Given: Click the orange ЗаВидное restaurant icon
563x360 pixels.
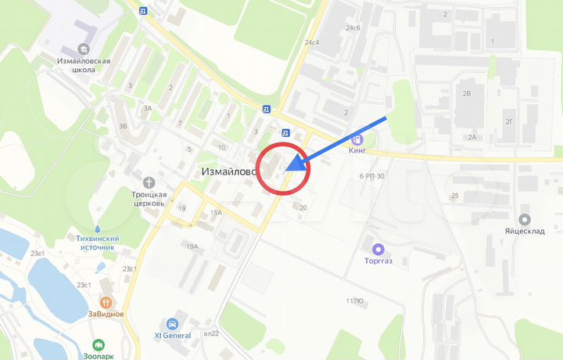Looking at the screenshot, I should point(106,301).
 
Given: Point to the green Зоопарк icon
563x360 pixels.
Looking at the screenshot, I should point(99,344).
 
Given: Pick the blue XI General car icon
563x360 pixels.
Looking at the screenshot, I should point(172,324).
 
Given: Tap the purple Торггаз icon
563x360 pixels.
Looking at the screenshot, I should point(379,249).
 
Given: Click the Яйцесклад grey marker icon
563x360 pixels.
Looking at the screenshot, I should point(524,220).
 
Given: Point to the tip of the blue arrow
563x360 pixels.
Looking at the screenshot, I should point(287,167).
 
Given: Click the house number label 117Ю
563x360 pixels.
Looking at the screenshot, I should point(355,301).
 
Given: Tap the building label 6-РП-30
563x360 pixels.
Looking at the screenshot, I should point(372,176).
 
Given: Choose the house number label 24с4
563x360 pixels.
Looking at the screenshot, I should point(312,42).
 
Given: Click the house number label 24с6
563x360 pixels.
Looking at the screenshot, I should point(353,28).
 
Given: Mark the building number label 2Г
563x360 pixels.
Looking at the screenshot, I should point(509,121).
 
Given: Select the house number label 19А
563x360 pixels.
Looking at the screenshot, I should point(192,247).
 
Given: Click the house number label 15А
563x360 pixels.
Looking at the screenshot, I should point(216,212).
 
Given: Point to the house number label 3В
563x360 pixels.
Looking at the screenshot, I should point(122,125).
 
